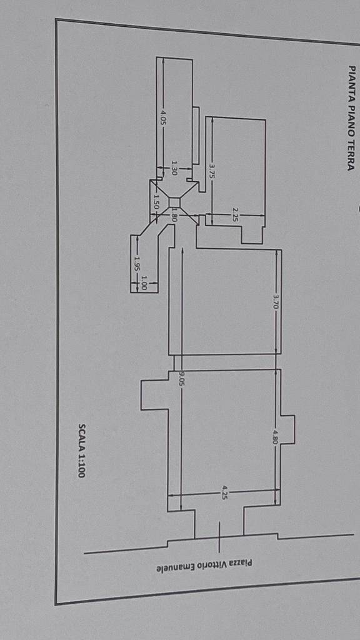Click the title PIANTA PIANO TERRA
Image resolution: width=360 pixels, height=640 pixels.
[x=351, y=118]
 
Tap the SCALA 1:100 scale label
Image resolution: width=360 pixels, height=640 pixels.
[x=82, y=450]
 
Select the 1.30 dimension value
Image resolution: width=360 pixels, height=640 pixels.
[x=174, y=167]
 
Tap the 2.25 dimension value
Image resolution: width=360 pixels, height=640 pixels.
[x=235, y=215]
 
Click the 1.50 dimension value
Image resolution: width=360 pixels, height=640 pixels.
[x=156, y=202]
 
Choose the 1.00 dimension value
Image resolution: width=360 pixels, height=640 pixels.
[x=144, y=282]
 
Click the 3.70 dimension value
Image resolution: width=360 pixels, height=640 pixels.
[x=276, y=302]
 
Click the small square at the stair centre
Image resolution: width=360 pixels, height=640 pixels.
[x=174, y=202]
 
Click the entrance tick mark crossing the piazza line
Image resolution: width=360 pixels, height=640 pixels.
[x=219, y=537]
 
